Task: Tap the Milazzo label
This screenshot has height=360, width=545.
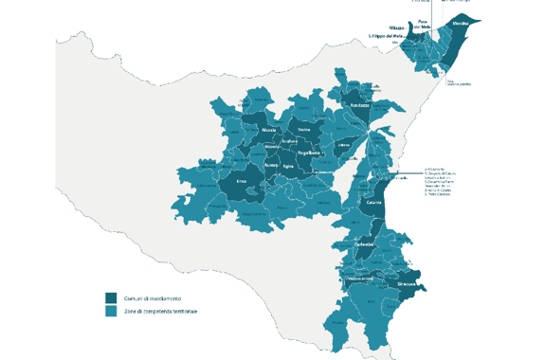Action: coord(396,28)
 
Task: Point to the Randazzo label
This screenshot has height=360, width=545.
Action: coord(359,104)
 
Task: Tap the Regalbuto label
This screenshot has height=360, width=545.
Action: coord(308,153)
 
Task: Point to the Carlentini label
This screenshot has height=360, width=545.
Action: coord(365,244)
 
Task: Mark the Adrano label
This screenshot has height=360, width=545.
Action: coord(343,145)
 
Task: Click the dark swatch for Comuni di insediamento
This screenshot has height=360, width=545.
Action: coord(111,297)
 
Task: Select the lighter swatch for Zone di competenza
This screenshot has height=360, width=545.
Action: coord(111,311)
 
